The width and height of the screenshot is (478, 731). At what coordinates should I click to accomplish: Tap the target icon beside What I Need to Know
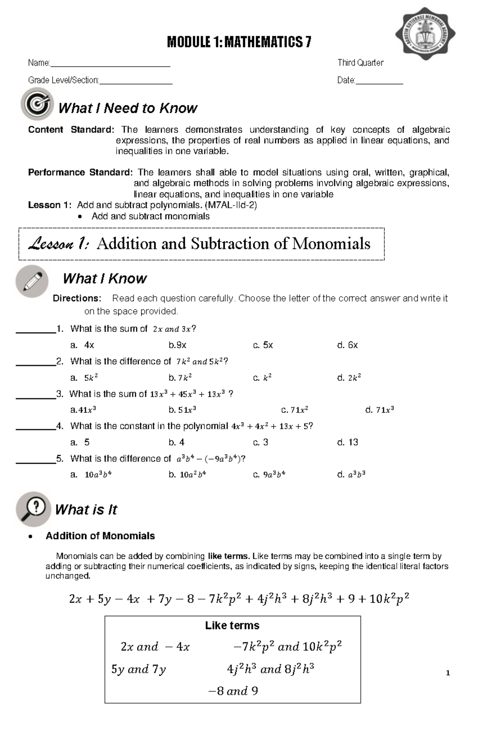click(37, 104)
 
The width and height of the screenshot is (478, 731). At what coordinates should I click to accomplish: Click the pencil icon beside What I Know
click(32, 281)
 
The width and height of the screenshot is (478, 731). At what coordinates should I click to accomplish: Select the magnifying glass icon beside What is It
click(33, 509)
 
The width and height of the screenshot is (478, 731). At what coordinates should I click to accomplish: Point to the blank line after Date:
click(379, 81)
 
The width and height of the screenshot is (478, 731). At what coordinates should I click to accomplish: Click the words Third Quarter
click(360, 63)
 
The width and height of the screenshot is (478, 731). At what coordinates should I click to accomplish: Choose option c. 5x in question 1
click(263, 345)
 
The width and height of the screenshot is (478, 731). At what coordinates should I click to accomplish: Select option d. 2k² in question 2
click(349, 378)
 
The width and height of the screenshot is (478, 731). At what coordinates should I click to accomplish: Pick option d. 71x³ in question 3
click(379, 410)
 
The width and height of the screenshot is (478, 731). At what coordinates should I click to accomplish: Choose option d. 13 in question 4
click(347, 442)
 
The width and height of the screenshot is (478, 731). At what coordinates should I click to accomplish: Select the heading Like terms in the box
click(232, 626)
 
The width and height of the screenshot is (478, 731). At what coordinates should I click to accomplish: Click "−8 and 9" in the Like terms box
click(233, 691)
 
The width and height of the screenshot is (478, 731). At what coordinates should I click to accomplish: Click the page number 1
click(448, 673)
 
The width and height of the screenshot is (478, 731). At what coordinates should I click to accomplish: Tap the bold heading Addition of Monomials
click(100, 536)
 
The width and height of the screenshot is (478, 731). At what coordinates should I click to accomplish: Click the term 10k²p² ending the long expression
click(389, 598)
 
